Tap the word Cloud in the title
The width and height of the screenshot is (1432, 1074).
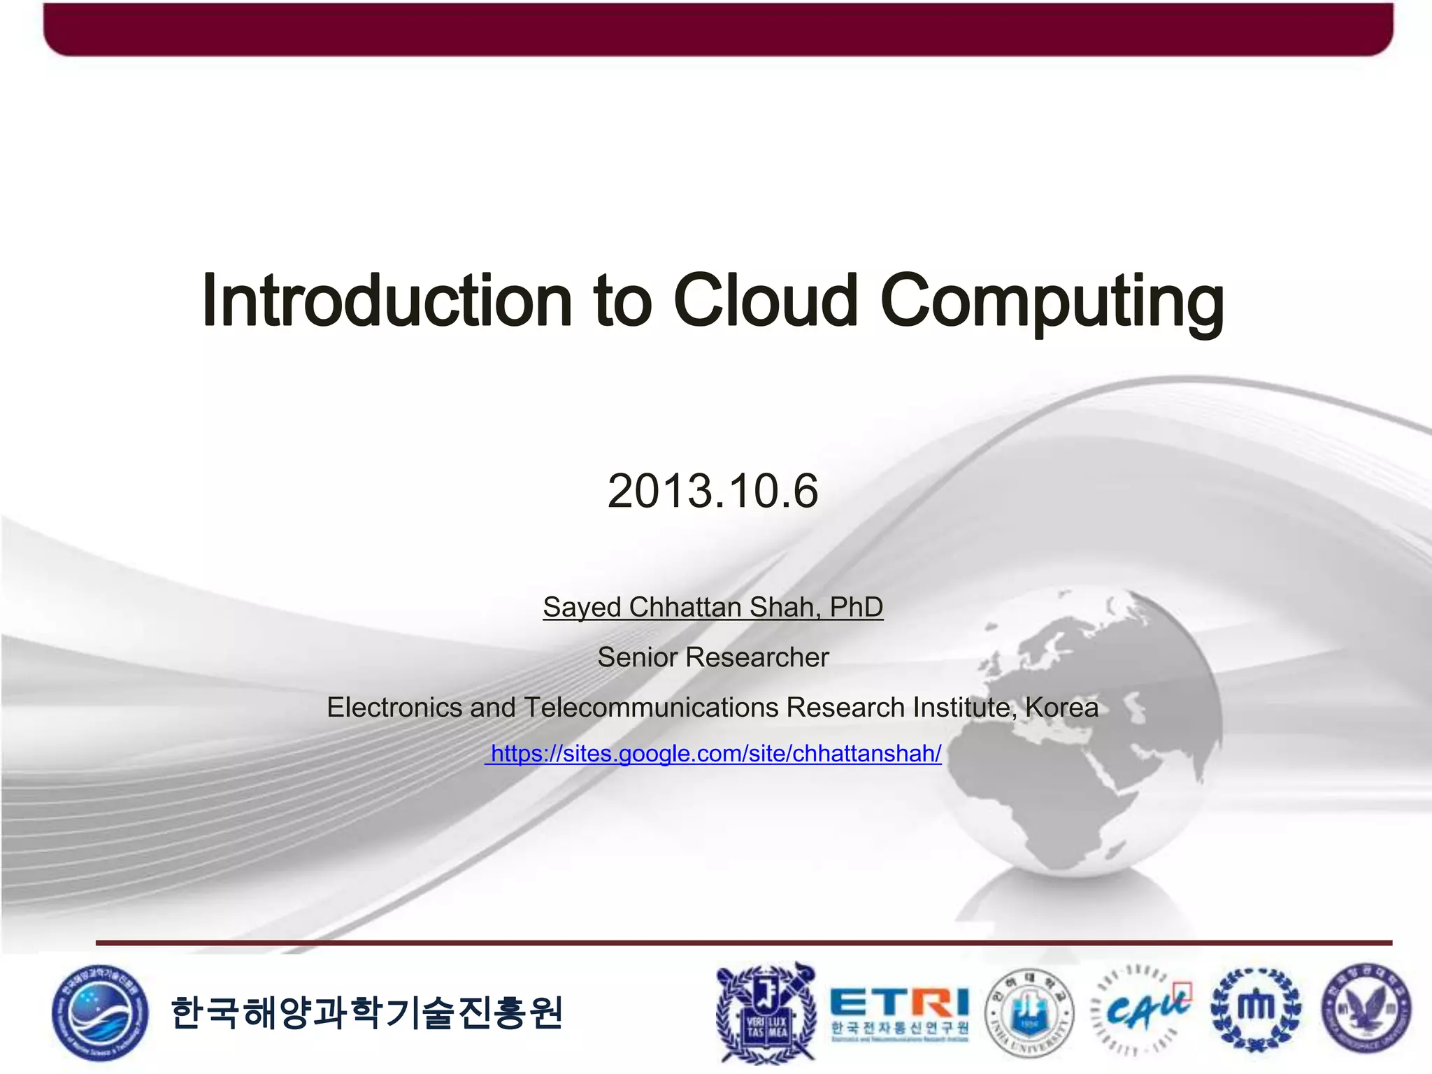pos(766,301)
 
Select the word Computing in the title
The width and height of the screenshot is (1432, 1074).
pos(1052,301)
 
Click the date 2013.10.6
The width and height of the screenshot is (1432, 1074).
pos(713,491)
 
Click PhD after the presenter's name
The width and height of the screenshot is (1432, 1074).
pos(856,607)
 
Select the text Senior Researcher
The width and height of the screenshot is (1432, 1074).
pos(713,657)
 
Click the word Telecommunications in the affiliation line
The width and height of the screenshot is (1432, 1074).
pos(651,708)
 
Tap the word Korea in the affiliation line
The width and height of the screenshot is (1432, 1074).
pos(1061,708)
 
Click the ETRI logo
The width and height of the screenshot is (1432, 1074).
pos(899,1012)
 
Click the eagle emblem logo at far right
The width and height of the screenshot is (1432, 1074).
pos(1366,1009)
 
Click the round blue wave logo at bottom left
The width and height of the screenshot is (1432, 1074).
pos(100,1012)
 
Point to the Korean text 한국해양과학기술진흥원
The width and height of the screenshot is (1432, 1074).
pos(366,1012)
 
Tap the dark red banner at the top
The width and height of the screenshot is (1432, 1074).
pos(717,28)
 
